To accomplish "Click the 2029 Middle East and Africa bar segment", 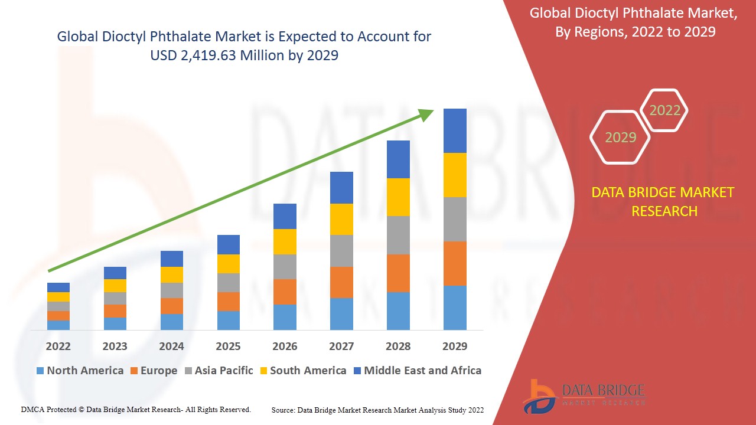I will pos(455,130).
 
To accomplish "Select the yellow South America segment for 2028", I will pos(398,197).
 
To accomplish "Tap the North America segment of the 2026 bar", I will pos(285,317).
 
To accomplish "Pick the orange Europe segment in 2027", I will pos(341,282).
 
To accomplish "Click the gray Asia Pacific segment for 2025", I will pos(229,283).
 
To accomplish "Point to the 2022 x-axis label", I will pos(58,346).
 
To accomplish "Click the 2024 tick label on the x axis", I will pos(171,346).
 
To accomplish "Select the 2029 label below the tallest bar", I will pos(455,346).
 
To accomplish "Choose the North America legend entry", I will pos(80,371).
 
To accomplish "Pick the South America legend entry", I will pos(302,371).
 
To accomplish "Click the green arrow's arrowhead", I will pos(426,114).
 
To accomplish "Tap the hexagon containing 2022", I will pos(664,110).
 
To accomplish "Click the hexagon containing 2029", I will pos(620,138).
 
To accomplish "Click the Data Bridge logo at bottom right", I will pos(584,395).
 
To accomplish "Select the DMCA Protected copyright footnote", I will pos(136,409).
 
